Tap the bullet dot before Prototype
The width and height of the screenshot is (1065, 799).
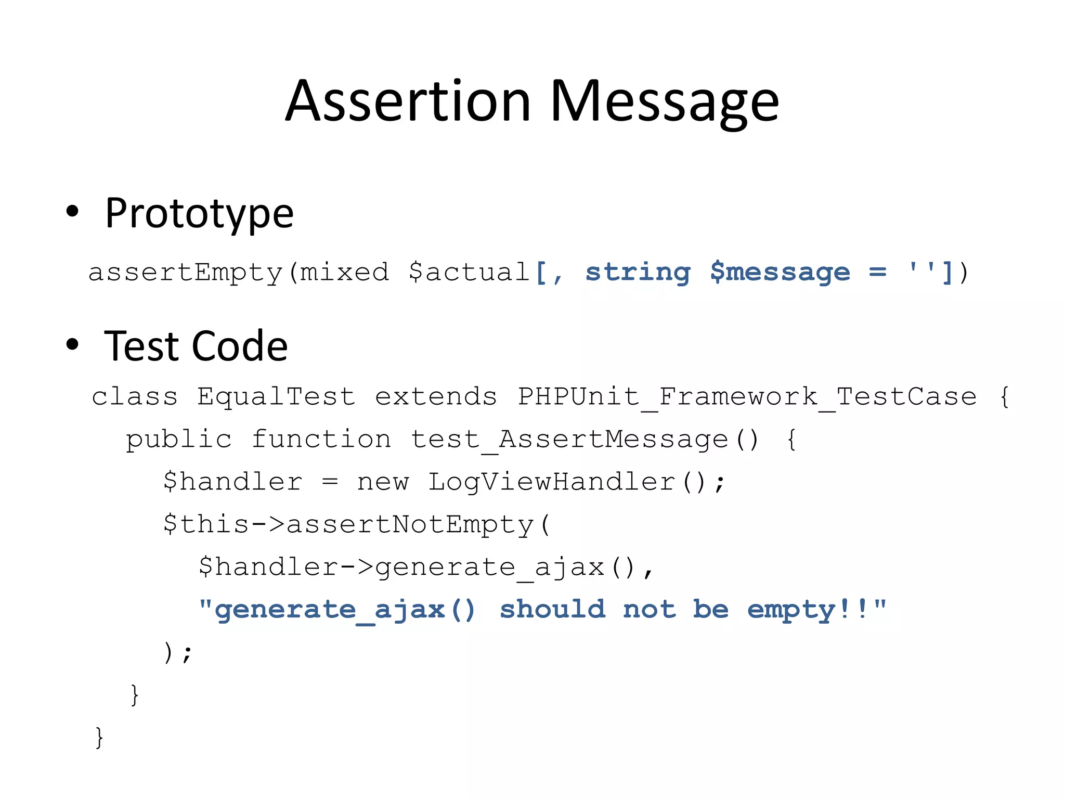pos(72,211)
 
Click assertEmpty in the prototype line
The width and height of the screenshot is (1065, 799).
pos(185,273)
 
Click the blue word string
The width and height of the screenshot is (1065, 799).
pos(638,273)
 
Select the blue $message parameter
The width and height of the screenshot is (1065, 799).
pos(780,273)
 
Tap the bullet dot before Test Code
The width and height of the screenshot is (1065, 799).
pos(72,344)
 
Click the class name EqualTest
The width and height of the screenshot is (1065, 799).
pos(276,397)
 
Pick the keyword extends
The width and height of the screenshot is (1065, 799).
pos(436,397)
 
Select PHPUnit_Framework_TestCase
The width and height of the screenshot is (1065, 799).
pos(747,397)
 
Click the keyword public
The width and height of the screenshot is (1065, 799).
pos(178,440)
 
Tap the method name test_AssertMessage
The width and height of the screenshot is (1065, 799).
pos(569,440)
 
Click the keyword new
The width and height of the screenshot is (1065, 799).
pos(383,482)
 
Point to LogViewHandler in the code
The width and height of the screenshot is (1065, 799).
pos(551,482)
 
